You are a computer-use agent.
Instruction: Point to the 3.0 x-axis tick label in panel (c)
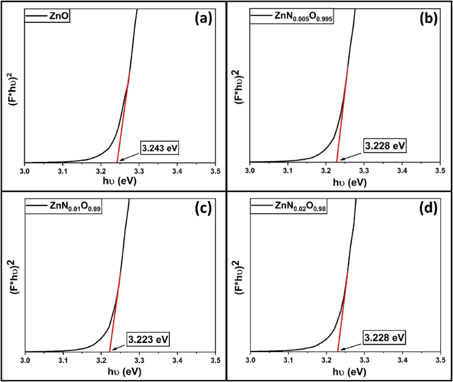[x=25, y=360]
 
